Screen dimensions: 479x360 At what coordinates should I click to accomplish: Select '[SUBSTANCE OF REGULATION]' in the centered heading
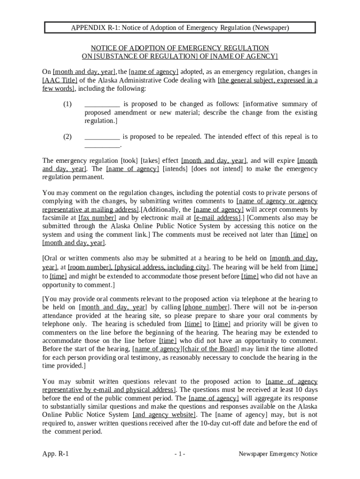pos(145,57)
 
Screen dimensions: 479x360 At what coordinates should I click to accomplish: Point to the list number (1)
pos(67,104)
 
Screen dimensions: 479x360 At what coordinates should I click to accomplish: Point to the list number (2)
pos(67,137)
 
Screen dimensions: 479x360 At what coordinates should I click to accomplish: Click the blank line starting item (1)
pos(102,104)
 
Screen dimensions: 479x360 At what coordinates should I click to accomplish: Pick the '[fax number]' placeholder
pos(97,218)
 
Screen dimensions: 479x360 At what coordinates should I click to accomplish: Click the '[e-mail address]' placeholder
pos(217,218)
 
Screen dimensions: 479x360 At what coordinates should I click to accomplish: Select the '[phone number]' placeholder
pos(206,307)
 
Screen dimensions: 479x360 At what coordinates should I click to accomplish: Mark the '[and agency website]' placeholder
pos(164,415)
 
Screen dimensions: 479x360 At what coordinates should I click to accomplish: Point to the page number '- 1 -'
pos(180,454)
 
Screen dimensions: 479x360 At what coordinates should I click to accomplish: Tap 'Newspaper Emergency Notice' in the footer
pos(278,454)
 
